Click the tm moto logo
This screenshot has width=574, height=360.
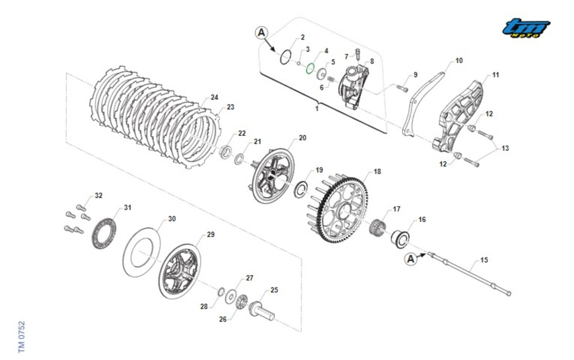pyautogui.click(x=526, y=28)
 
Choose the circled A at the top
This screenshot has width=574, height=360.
pyautogui.click(x=261, y=33)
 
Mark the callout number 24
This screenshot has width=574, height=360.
pyautogui.click(x=214, y=97)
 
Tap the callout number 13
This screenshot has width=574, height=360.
pyautogui.click(x=505, y=149)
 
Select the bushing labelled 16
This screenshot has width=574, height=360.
pyautogui.click(x=400, y=236)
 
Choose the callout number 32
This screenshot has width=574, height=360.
pyautogui.click(x=99, y=196)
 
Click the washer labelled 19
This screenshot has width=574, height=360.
pyautogui.click(x=301, y=188)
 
